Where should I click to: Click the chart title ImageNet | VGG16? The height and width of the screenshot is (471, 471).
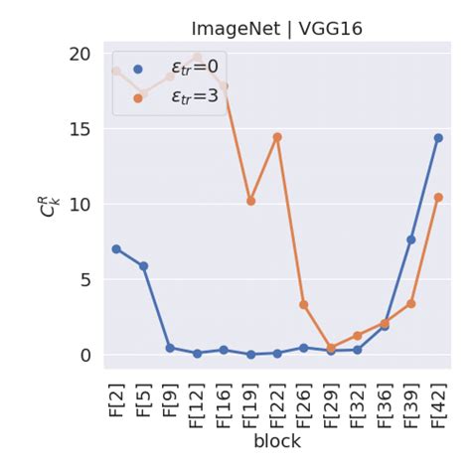[276, 29]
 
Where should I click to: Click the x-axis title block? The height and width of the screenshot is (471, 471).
[276, 440]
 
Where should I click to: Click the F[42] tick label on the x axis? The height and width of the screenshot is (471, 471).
[438, 402]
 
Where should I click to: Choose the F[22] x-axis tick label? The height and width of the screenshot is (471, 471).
[277, 402]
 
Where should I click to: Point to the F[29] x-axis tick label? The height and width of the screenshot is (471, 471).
[331, 402]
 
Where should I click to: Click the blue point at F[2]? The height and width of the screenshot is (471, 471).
[116, 249]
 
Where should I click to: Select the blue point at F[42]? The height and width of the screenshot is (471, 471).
[438, 138]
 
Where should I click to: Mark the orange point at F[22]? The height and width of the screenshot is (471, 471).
[277, 137]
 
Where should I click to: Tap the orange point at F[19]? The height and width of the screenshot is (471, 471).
[250, 201]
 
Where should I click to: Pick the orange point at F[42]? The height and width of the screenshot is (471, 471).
[438, 198]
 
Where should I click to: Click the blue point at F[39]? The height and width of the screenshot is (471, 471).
[411, 239]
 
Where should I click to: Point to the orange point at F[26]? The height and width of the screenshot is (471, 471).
[304, 305]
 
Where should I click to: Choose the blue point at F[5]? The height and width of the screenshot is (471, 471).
[143, 266]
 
